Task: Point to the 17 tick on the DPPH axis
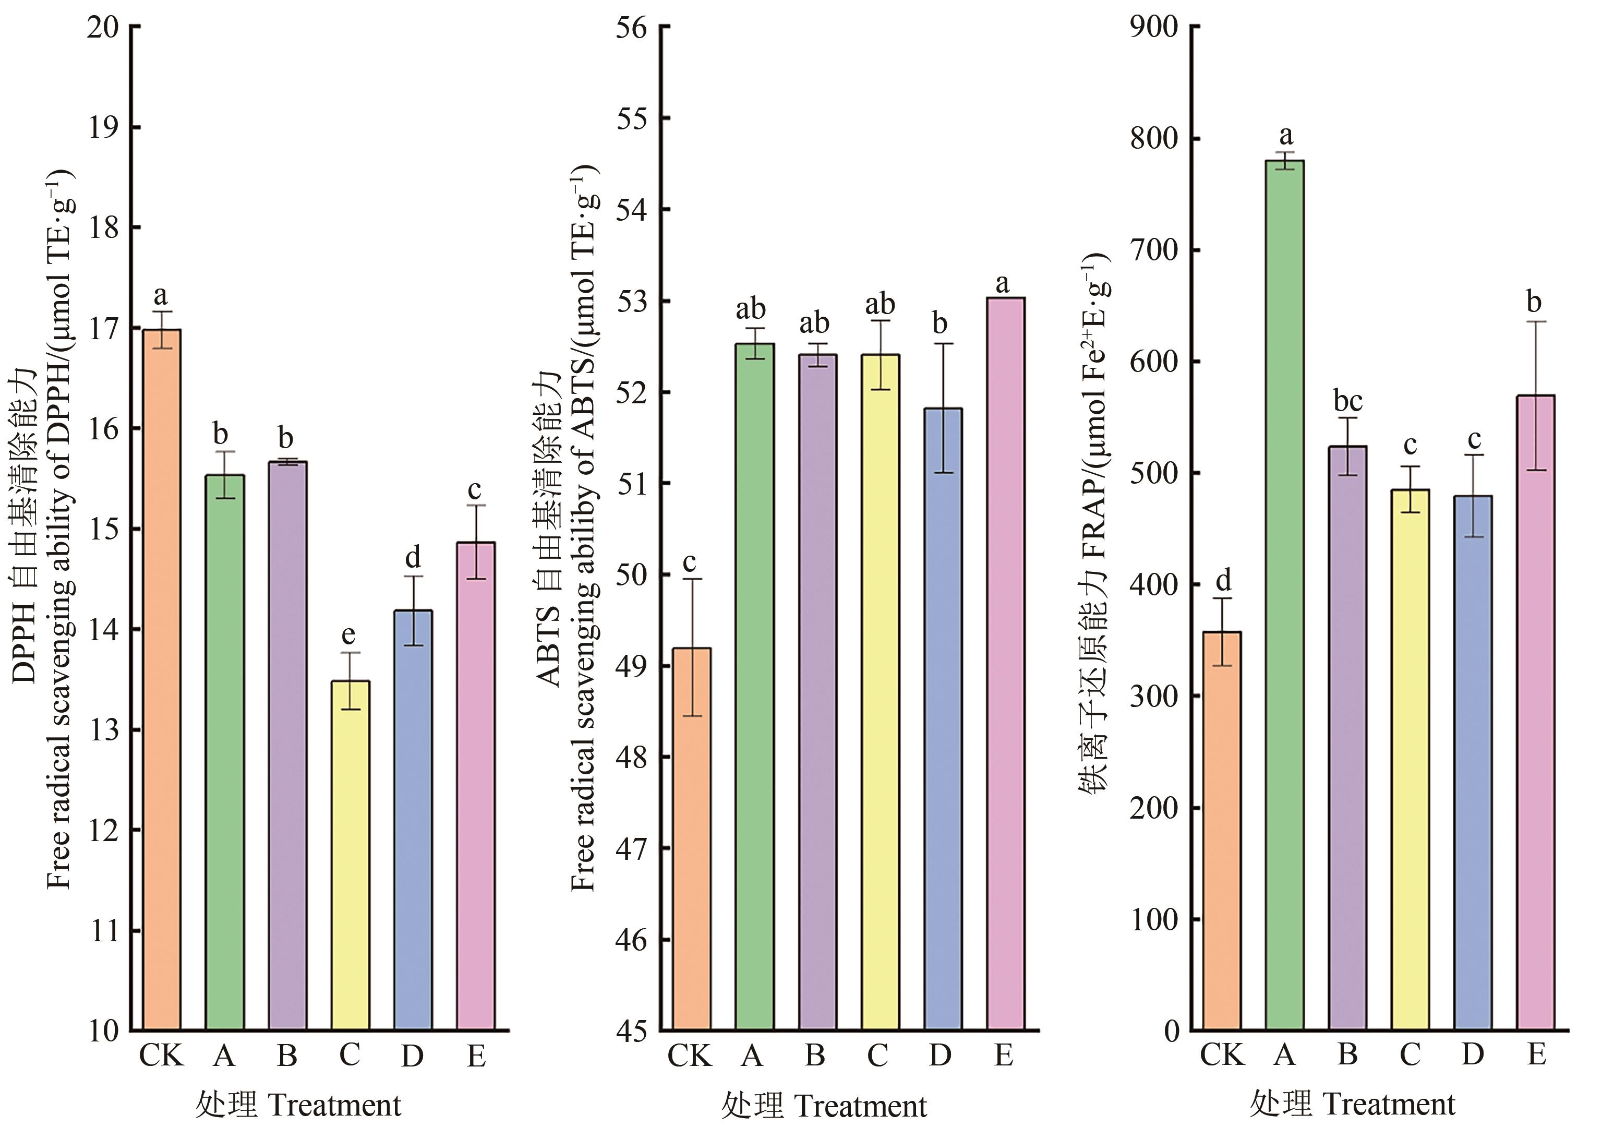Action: coord(105,328)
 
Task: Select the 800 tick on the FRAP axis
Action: coord(1154,138)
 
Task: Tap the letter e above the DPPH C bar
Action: coord(348,635)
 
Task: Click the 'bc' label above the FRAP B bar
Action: coord(1347,401)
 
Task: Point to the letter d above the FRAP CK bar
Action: coord(1223,580)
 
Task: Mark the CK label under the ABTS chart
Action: coord(689,1056)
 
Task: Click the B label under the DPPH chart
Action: coord(287,1056)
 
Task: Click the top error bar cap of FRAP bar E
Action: coord(1535,321)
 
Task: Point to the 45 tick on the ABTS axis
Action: coord(633,1031)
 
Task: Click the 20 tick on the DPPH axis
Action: coord(105,27)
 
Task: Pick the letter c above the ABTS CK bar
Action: coord(690,562)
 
